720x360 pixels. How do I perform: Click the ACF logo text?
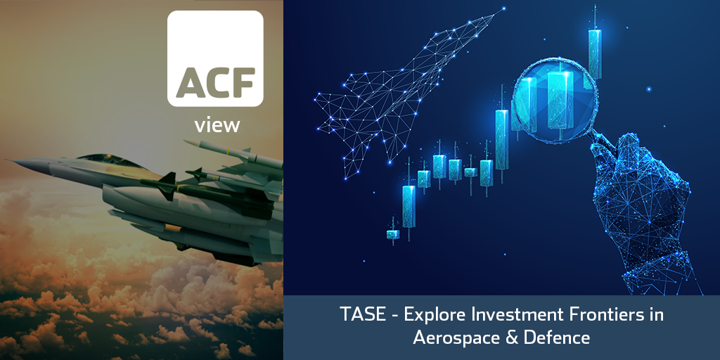pos(215,83)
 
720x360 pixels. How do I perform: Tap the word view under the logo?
pos(217,124)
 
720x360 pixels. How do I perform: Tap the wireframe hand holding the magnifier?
pos(643,207)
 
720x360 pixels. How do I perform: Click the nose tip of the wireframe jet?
pos(503,8)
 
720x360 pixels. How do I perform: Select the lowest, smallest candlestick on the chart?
pos(392,234)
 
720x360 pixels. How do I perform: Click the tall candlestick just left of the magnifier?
pos(502,140)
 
